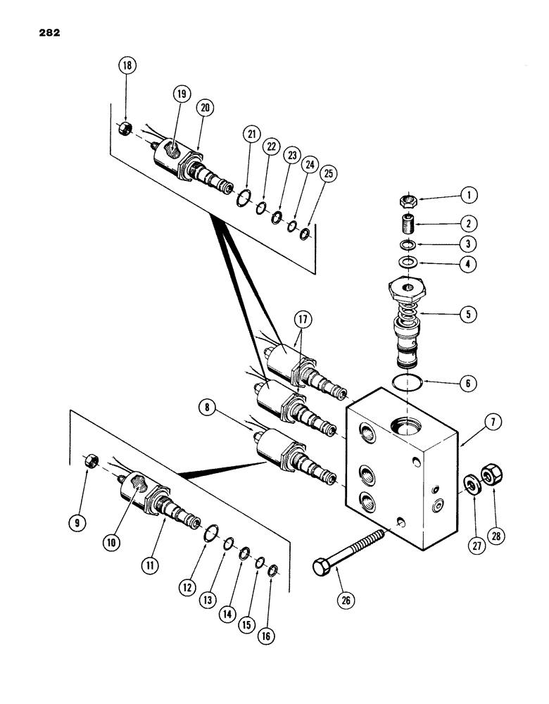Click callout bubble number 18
(128, 68)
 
